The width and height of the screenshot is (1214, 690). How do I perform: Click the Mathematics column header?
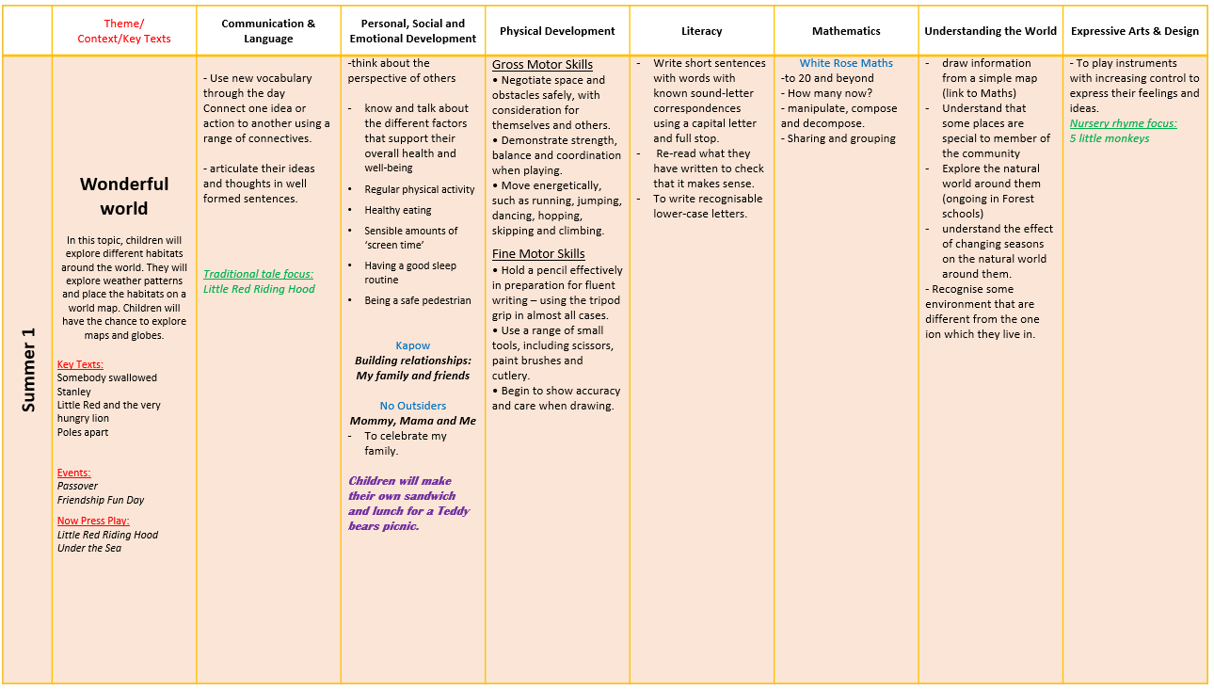(x=846, y=31)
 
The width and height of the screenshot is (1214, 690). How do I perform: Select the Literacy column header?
(x=701, y=31)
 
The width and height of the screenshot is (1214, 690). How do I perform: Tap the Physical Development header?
(x=557, y=31)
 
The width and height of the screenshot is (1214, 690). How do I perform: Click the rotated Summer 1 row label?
(x=28, y=369)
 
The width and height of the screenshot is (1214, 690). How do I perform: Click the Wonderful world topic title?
(x=124, y=196)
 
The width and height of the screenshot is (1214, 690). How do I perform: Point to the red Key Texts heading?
(x=80, y=364)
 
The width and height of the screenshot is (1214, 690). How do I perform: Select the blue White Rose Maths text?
(x=846, y=63)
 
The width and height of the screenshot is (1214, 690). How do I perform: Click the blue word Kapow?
(x=412, y=345)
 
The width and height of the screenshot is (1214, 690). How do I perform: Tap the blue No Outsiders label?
(x=412, y=406)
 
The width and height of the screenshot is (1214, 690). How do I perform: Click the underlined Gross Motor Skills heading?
(x=542, y=64)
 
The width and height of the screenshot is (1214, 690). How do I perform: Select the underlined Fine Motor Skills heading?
(x=538, y=253)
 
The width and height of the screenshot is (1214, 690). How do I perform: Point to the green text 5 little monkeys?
(x=1109, y=138)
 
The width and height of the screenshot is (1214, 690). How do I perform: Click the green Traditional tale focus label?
(x=258, y=274)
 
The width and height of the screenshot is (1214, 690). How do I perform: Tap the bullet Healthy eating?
(x=398, y=210)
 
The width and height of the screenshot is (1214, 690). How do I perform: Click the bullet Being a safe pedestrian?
(x=418, y=300)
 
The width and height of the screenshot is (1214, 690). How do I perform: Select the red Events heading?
(x=73, y=473)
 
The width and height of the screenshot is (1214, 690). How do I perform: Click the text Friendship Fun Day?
(x=101, y=500)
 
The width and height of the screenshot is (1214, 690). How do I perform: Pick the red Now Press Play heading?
(x=93, y=521)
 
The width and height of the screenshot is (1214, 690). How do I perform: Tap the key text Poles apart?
(x=83, y=432)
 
